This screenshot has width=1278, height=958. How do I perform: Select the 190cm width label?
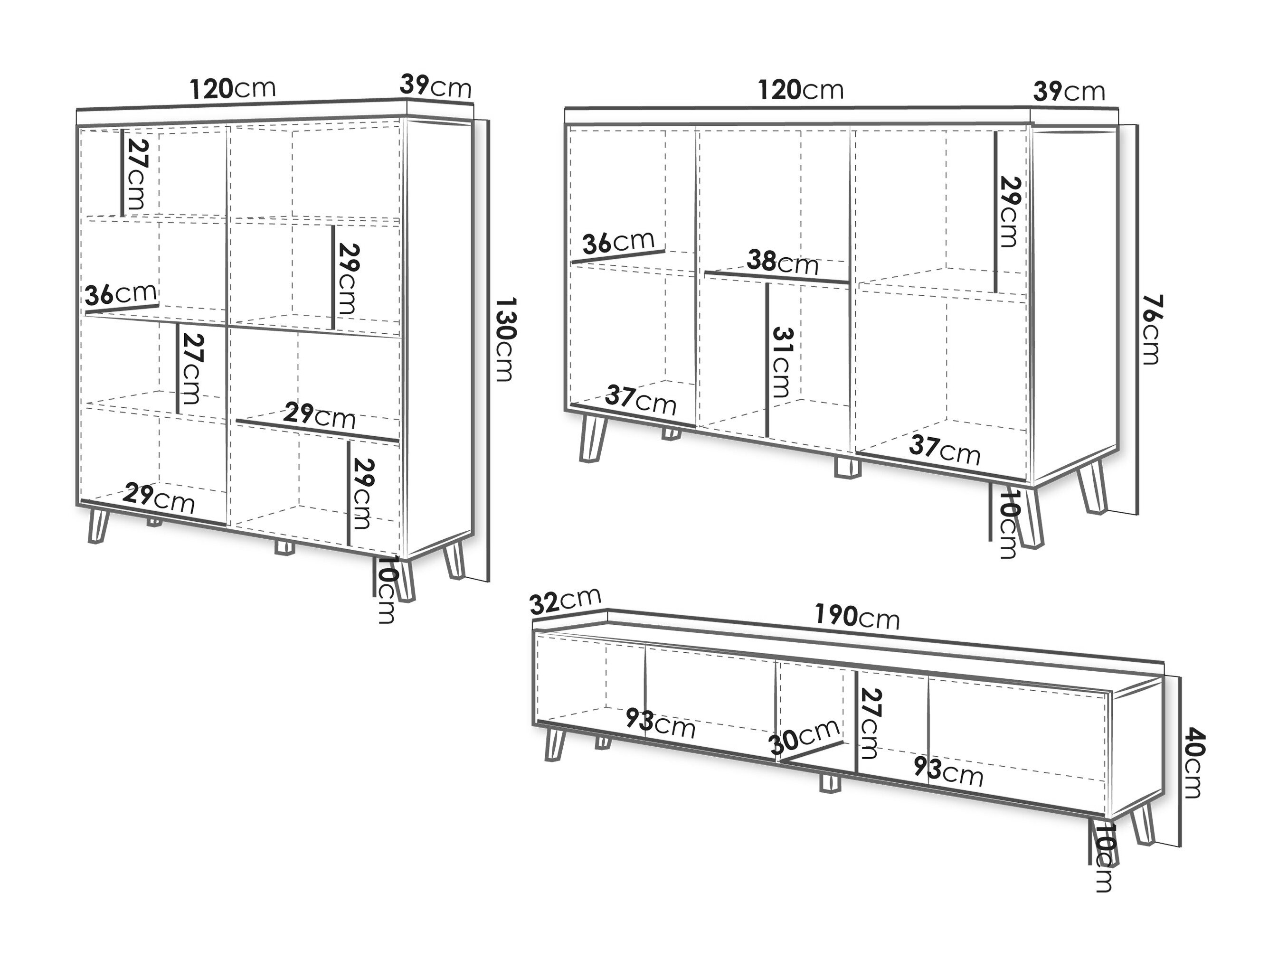click(857, 616)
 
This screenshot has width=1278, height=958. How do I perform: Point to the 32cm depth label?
click(565, 600)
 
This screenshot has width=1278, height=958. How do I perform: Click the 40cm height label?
click(1192, 763)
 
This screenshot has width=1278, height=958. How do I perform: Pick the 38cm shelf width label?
click(782, 262)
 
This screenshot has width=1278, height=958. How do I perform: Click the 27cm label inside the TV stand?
click(869, 723)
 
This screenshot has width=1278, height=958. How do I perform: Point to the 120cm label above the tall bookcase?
click(233, 88)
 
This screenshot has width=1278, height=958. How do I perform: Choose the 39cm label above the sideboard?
click(1069, 91)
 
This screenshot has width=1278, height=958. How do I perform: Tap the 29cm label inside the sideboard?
click(1009, 211)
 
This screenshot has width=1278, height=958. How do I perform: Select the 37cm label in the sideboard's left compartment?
click(640, 400)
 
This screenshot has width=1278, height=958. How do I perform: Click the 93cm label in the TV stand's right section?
click(948, 771)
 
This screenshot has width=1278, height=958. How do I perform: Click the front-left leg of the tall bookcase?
click(99, 526)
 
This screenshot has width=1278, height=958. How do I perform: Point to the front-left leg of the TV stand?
click(554, 744)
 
